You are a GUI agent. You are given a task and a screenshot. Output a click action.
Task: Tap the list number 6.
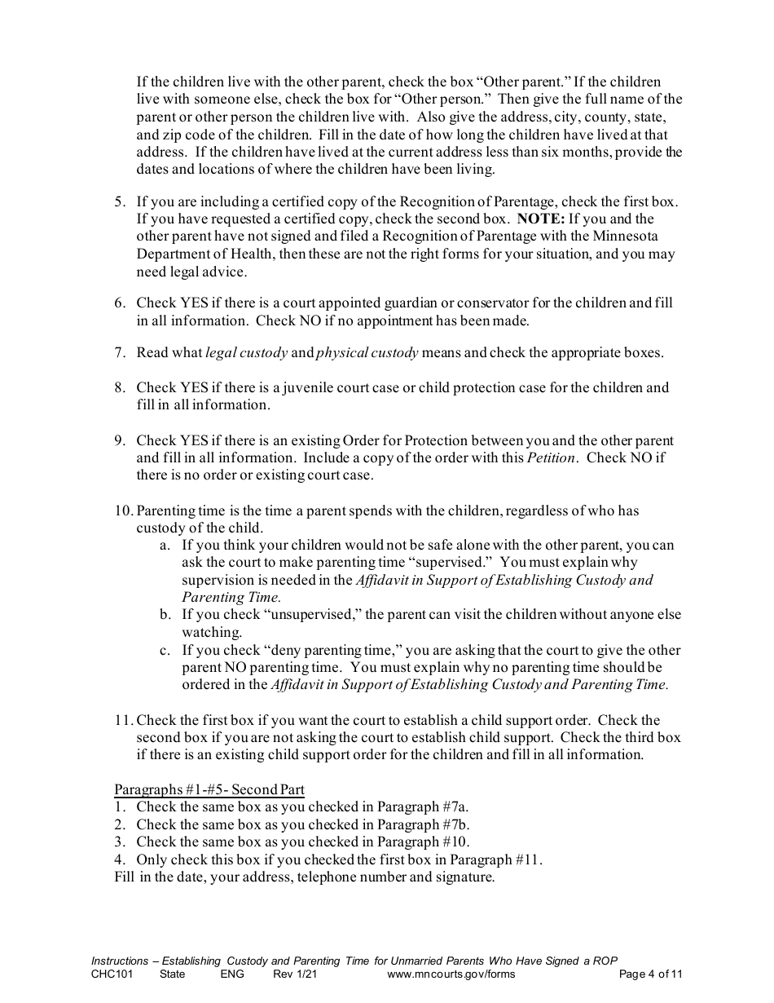point(119,303)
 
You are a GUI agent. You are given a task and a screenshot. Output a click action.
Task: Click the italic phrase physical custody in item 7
point(367,353)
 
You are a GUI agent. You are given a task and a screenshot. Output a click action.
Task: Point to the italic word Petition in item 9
point(552,457)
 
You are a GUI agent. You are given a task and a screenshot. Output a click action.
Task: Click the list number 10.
point(123,511)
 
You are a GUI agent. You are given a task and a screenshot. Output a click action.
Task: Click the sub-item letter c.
point(165,650)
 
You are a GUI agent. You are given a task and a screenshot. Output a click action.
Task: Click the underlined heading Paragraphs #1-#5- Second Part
point(209,789)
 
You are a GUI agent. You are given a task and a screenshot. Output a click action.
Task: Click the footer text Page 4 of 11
point(650,974)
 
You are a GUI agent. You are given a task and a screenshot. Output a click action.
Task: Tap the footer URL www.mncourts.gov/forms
point(451,974)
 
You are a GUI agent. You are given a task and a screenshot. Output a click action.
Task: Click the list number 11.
point(123,720)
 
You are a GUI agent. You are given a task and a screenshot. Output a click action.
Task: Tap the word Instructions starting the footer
point(120,961)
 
